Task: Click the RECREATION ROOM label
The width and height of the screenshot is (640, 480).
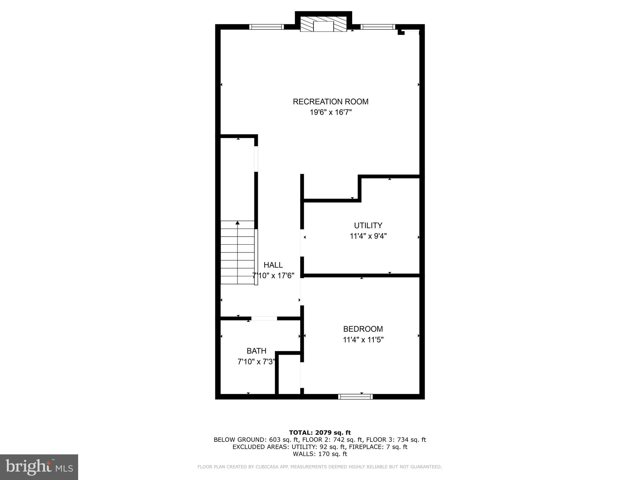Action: [x=330, y=102]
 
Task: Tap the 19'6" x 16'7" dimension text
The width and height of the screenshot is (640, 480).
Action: [x=331, y=112]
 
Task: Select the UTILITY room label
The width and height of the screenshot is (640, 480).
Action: [x=368, y=225]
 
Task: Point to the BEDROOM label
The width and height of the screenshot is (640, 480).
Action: [x=363, y=329]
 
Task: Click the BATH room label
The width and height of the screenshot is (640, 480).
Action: [x=256, y=351]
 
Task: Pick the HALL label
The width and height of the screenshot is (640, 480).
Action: [x=273, y=265]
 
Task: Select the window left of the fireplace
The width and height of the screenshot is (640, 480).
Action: [x=267, y=27]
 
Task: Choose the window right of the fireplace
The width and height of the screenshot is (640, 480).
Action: [x=377, y=27]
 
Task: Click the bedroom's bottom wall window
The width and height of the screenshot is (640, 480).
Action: [x=355, y=397]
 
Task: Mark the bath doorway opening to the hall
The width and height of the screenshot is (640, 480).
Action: [x=264, y=318]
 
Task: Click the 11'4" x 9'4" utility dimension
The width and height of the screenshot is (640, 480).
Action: [x=368, y=236]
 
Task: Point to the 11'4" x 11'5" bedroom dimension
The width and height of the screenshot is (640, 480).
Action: [x=363, y=340]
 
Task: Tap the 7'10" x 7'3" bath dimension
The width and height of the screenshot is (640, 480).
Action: [x=256, y=362]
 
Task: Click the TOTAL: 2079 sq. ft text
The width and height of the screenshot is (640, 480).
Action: [x=320, y=432]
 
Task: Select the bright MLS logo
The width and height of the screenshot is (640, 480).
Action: [x=39, y=467]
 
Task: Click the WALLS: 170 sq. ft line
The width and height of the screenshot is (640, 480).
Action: [x=320, y=454]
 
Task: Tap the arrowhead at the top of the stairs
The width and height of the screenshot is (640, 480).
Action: [x=237, y=223]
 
